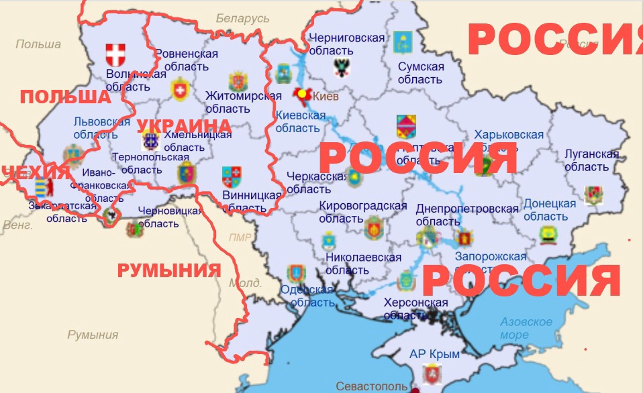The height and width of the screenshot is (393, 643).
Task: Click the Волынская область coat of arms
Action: tap(116, 54)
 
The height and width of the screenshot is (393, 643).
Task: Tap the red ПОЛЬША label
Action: tap(65, 97)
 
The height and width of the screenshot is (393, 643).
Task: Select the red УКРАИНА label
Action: tap(184, 126)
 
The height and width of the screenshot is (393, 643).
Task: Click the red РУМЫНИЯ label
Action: tap(169, 271)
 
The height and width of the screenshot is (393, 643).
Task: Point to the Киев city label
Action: tap(326, 97)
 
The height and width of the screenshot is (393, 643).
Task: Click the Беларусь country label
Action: tap(242, 19)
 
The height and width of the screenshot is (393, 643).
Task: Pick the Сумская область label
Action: tap(421, 73)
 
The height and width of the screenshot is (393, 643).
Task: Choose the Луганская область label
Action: tap(591, 160)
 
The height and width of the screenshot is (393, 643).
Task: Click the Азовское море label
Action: tap(526, 328)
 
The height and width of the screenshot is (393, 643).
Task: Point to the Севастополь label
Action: tap(371, 386)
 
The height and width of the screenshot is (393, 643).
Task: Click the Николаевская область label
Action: tap(363, 264)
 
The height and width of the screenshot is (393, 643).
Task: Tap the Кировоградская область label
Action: tap(363, 212)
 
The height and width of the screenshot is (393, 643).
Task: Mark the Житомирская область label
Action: tap(238, 102)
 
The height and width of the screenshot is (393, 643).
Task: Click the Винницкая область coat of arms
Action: tap(232, 177)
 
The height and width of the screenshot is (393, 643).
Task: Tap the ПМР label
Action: tap(240, 237)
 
